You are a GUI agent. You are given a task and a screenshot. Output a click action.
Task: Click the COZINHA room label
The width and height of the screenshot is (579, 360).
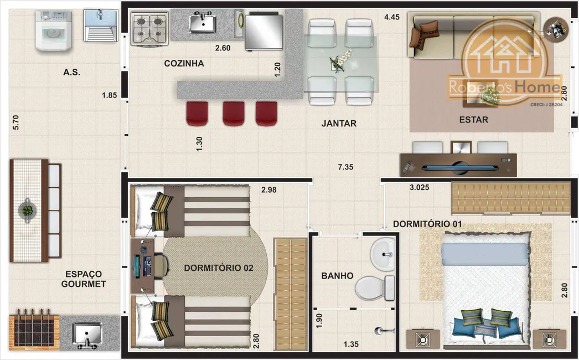184,63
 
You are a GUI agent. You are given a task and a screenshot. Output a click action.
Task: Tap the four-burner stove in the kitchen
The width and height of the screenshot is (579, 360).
149,28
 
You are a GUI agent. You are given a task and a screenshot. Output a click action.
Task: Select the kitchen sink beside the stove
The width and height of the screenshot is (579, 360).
203,22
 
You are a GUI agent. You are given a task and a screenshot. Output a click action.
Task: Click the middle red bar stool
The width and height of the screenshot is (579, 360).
234,114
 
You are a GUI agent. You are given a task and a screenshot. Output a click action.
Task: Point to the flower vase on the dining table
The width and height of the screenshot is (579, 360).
341,60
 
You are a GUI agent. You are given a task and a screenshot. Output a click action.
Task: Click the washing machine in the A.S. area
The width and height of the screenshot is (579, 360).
54,30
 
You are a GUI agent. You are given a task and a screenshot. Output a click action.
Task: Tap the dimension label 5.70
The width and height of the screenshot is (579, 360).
15,122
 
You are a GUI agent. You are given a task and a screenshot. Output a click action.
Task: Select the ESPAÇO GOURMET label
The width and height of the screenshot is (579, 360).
84,279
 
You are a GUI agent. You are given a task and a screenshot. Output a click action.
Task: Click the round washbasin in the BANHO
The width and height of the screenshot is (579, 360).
382,254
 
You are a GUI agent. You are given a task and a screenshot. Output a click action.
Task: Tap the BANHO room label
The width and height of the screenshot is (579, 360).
337,276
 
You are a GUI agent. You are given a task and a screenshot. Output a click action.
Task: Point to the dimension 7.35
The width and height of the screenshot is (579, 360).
345,167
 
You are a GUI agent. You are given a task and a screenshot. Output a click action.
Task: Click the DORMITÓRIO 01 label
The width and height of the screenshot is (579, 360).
427,224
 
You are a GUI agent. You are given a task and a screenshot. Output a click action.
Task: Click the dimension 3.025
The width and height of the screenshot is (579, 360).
420,187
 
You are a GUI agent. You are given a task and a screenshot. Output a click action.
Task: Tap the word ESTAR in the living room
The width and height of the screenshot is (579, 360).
474,120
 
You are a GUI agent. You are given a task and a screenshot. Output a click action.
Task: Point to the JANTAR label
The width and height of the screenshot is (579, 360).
339,124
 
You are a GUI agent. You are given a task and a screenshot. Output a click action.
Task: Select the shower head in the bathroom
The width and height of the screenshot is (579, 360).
379,331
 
